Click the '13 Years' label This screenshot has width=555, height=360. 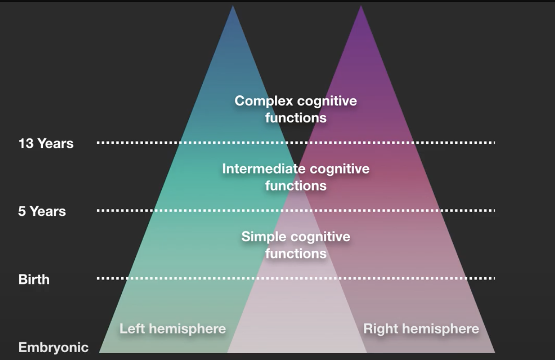pos(46,143)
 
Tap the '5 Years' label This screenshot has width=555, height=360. pos(42,211)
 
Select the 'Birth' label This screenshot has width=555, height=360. pos(34,280)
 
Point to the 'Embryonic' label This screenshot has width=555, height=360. pos(53,347)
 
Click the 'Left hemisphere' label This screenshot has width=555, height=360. pos(172,329)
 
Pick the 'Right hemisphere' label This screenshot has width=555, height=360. pos(421,329)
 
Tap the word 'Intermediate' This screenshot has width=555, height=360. pos(264,168)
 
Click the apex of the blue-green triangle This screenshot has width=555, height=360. pos(233,7)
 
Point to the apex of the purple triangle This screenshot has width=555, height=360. pos(361,7)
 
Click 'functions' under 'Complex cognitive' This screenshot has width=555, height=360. pos(296,118)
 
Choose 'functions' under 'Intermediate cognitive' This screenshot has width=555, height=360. pos(296,186)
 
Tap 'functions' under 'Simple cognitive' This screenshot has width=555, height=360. pos(296,253)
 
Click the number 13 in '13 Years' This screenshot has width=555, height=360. pos(26,143)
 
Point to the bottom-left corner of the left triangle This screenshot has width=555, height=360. pos(100,352)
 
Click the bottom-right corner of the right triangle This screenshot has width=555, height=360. pos(494,352)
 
